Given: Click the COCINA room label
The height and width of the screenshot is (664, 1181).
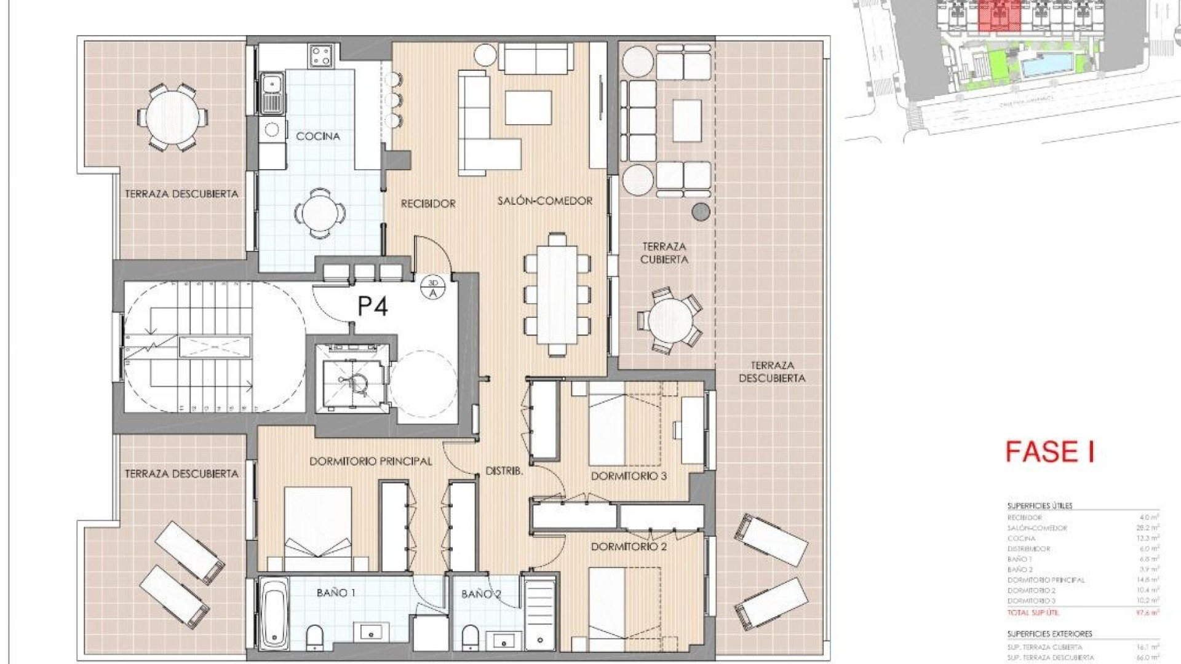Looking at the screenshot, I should pyautogui.click(x=317, y=136).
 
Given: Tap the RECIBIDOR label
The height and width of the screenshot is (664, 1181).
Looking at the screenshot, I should pyautogui.click(x=428, y=204).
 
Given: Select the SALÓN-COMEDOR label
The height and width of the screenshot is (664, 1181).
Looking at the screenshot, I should pyautogui.click(x=545, y=201).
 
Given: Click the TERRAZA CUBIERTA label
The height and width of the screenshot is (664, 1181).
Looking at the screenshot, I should pyautogui.click(x=664, y=253).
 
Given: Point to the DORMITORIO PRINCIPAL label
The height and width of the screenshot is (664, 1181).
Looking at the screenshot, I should pyautogui.click(x=370, y=461).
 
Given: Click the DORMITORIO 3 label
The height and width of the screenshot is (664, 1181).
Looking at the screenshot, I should pyautogui.click(x=629, y=476).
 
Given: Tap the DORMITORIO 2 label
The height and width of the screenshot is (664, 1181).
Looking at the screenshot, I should pyautogui.click(x=629, y=547).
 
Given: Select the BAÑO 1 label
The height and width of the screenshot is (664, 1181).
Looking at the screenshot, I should pyautogui.click(x=336, y=593).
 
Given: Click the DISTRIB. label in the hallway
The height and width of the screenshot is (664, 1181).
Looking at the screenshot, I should pyautogui.click(x=504, y=472).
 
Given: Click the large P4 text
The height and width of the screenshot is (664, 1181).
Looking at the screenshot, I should pyautogui.click(x=373, y=306).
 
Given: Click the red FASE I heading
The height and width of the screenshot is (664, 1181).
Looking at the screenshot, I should pyautogui.click(x=1049, y=452).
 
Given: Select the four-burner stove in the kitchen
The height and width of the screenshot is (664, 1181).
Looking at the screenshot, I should pyautogui.click(x=322, y=57).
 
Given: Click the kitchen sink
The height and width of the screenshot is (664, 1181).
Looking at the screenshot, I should pyautogui.click(x=271, y=92).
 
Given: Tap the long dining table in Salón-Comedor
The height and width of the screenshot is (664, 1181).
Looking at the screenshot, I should pyautogui.click(x=557, y=294).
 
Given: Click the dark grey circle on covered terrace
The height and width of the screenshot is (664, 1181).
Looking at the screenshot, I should pyautogui.click(x=701, y=212).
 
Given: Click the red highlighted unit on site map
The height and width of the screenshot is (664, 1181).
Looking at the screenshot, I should pyautogui.click(x=999, y=15).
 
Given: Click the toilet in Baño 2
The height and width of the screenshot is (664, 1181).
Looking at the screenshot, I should pyautogui.click(x=470, y=636).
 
